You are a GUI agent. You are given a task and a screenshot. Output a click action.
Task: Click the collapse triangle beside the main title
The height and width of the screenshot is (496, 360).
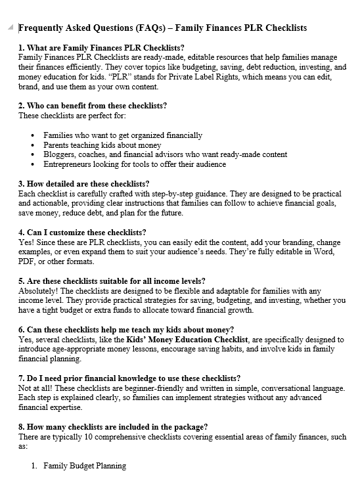11,27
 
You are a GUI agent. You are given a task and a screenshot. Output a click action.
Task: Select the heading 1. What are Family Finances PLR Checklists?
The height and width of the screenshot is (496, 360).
102,48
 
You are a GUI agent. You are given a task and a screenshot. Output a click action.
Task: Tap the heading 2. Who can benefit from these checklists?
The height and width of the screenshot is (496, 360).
92,106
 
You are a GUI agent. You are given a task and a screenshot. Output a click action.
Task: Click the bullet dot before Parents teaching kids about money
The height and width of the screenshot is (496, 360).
34,145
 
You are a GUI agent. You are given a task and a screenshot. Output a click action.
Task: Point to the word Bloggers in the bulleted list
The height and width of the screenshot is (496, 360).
59,154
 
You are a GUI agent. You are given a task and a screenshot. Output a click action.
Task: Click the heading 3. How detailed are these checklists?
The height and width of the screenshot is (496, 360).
83,183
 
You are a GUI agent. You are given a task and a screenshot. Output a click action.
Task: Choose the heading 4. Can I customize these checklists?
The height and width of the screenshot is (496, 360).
82,233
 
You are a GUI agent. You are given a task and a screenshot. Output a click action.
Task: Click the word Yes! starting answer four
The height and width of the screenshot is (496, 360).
26,242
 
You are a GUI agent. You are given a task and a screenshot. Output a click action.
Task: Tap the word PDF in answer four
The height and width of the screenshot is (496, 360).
27,261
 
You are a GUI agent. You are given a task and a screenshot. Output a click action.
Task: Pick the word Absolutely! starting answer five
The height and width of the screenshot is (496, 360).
39,290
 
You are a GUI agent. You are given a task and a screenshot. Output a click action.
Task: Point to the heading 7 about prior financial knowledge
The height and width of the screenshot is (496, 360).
129,378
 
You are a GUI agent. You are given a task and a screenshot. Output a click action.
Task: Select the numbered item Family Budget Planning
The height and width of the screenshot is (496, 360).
84,466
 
